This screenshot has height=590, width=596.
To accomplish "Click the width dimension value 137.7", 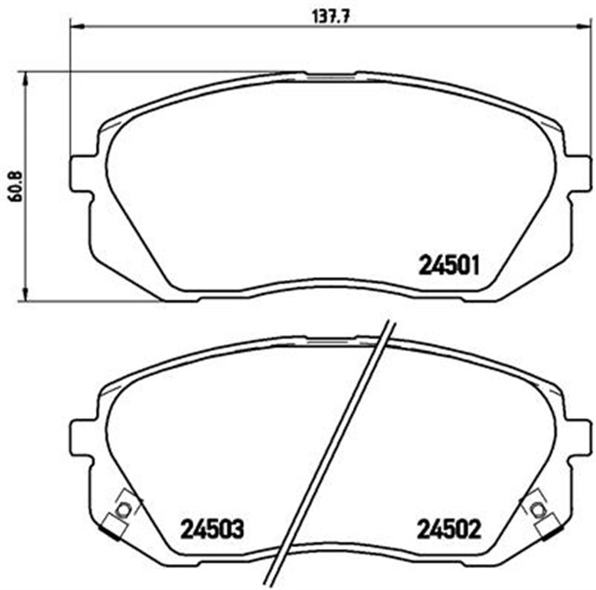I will pos(330,14).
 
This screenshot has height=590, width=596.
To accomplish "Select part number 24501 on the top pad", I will pos(448,265).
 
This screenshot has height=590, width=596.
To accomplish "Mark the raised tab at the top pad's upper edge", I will pos(330,74).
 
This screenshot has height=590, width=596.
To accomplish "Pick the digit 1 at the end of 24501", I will pos(475,265).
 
